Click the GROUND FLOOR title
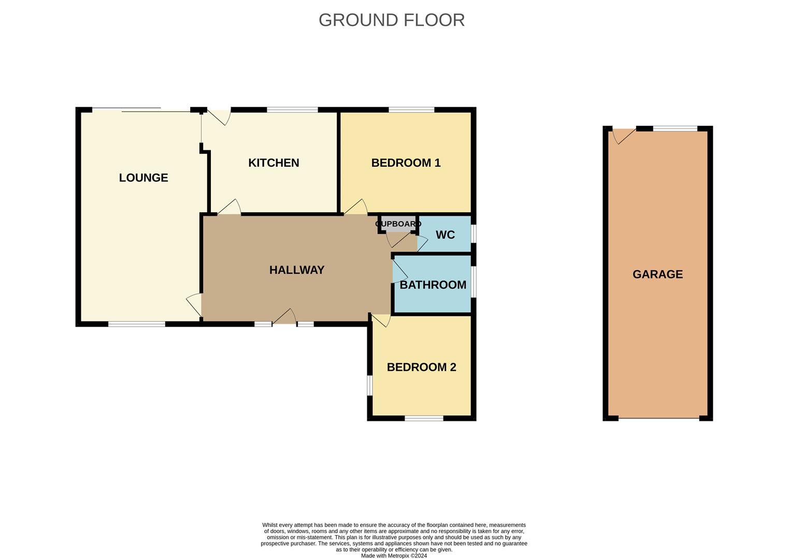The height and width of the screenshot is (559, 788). tap(391, 20)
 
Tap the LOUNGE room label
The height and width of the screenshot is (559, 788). tap(144, 178)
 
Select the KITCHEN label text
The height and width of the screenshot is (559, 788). tap(274, 163)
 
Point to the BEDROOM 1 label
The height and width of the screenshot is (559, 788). tap(406, 163)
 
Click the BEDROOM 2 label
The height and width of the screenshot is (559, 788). tap(421, 367)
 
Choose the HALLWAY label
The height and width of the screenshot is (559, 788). tap(297, 270)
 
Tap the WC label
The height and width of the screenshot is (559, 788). tap(445, 235)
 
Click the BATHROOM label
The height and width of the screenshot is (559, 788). tap(433, 285)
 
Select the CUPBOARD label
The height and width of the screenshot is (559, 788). tap(398, 224)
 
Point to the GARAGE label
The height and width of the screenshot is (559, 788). tap(657, 274)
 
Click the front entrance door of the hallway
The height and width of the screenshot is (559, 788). tap(284, 317)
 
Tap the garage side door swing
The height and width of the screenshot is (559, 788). tap(623, 136)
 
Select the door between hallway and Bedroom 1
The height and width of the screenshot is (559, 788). tap(356, 208)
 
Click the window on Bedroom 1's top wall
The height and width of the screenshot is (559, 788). tap(411, 110)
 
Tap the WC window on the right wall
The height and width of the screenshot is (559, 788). tap(474, 234)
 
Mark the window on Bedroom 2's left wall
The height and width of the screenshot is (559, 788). tap(370, 385)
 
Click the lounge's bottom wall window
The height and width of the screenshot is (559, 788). tap(137, 325)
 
